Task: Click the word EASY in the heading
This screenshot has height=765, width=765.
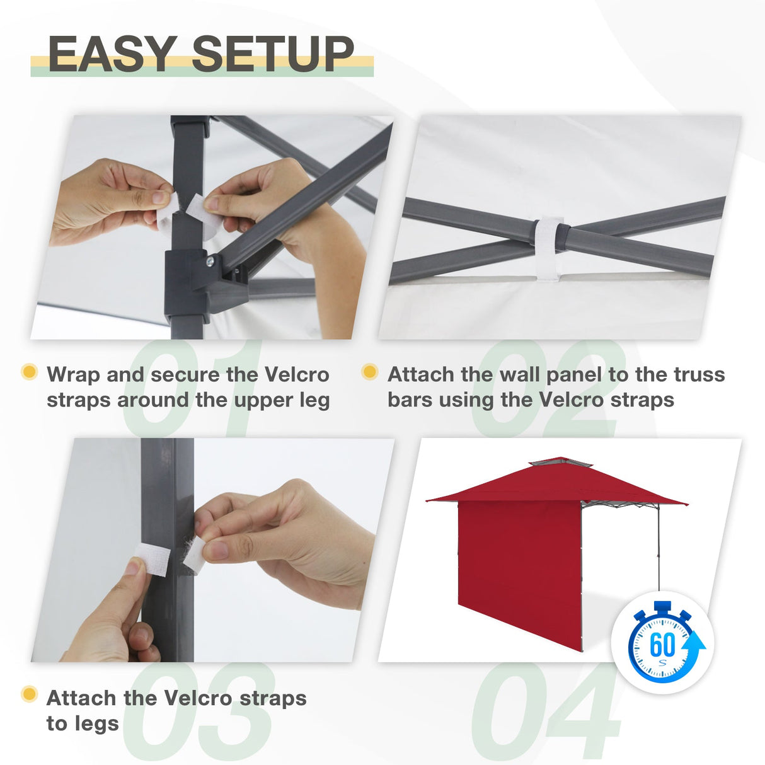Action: (x=112, y=54)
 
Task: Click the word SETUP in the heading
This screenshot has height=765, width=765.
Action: (x=273, y=54)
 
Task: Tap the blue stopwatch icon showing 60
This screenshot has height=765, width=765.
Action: (x=662, y=645)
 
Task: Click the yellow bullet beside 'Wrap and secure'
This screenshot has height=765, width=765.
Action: (x=29, y=372)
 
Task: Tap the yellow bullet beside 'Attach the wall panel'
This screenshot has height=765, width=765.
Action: (x=370, y=372)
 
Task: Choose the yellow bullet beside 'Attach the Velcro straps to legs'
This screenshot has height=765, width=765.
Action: (x=29, y=695)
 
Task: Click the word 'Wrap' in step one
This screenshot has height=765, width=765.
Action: (x=73, y=375)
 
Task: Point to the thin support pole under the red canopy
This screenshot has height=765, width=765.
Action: (x=659, y=548)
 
